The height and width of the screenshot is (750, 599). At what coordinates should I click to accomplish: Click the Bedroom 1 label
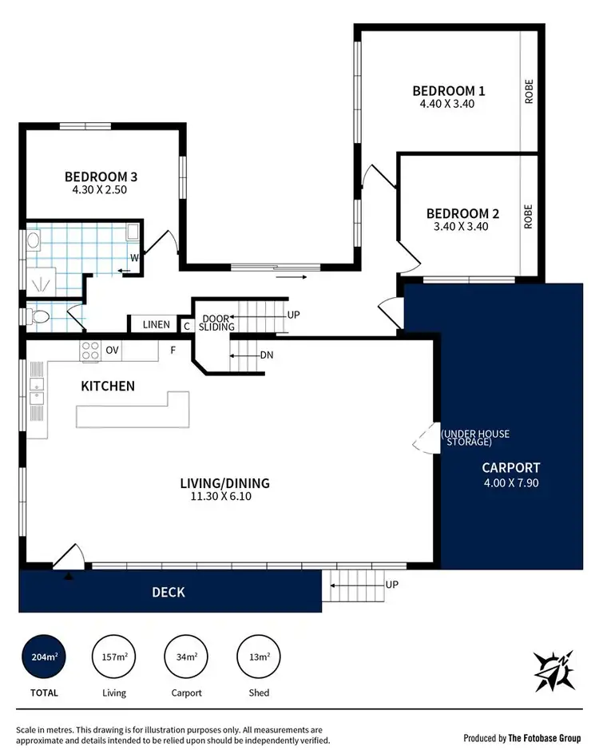(448, 90)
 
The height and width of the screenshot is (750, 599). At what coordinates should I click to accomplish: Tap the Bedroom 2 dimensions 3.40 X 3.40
(462, 226)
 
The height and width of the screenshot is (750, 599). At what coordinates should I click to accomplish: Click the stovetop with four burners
(89, 350)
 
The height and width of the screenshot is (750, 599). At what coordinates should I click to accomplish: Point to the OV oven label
(113, 350)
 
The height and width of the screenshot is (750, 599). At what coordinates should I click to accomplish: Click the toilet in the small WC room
(39, 317)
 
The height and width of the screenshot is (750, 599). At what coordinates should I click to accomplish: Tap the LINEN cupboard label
(157, 324)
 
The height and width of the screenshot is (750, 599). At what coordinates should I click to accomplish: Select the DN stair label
(266, 355)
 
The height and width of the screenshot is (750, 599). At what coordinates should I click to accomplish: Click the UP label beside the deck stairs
(391, 585)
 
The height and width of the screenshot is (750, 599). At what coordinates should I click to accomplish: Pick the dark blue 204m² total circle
(43, 657)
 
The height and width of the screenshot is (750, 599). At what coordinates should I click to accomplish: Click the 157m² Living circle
(114, 657)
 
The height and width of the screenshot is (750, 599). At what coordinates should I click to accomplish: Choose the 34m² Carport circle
(186, 657)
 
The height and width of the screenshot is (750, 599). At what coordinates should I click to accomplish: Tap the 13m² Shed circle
(258, 657)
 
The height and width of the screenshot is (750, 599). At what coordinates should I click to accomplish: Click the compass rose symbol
(554, 669)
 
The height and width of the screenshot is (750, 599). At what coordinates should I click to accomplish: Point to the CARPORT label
(511, 468)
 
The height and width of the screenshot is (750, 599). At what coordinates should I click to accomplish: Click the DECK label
(169, 592)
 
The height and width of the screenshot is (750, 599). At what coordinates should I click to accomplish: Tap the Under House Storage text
(475, 438)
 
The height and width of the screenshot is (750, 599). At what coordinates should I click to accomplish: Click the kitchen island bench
(132, 411)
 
